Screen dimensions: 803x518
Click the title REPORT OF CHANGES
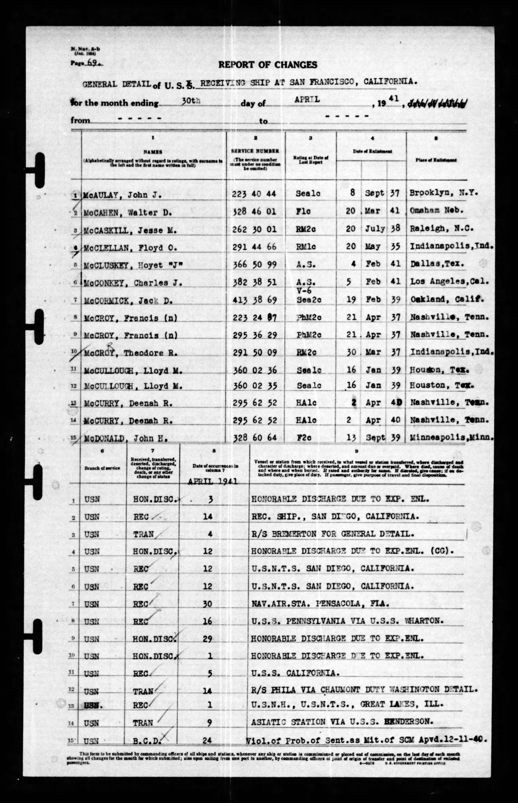tap(268, 65)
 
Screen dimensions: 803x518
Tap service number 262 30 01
tap(254, 229)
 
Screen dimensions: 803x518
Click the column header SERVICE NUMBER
tap(256, 151)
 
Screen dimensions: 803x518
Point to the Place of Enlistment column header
tap(436, 160)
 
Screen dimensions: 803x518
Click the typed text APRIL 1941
tap(212, 481)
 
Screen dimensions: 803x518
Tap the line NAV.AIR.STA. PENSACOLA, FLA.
tap(320, 604)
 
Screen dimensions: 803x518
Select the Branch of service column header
tap(102, 468)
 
